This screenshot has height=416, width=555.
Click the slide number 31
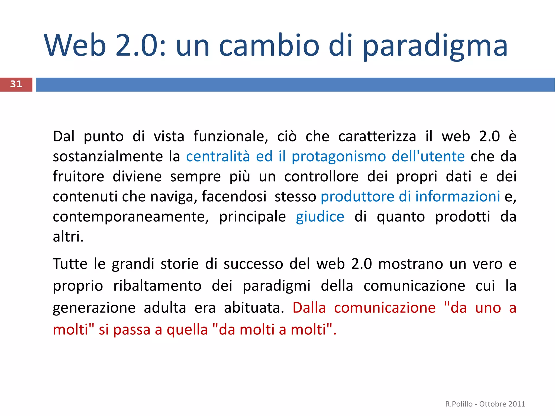click(16, 84)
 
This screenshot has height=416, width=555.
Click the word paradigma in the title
click(435, 46)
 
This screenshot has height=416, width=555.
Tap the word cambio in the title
click(269, 46)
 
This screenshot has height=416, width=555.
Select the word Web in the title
click(75, 46)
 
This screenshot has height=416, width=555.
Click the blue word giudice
click(320, 217)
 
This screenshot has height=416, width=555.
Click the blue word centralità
click(218, 157)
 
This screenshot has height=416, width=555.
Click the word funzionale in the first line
click(231, 136)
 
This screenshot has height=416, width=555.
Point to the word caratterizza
click(377, 136)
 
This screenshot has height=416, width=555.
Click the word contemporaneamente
click(131, 217)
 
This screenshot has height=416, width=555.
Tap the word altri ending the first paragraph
click(68, 237)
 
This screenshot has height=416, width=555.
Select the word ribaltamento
click(157, 286)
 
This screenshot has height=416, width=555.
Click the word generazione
click(94, 308)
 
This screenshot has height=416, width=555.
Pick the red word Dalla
click(309, 308)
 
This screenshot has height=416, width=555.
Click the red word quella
click(187, 330)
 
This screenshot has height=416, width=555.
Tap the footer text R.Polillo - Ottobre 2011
click(485, 404)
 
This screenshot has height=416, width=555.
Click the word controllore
click(321, 177)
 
